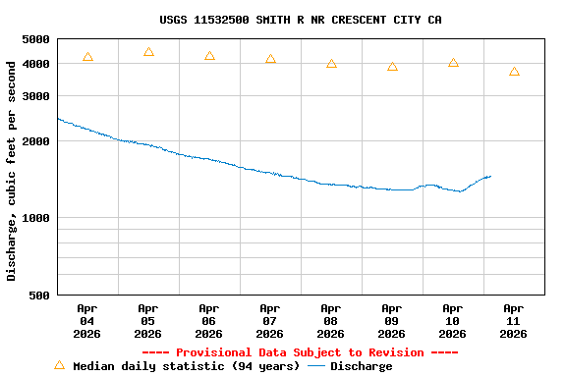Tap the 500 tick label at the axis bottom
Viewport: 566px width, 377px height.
click(38, 295)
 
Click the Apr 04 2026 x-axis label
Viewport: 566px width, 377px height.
click(87, 321)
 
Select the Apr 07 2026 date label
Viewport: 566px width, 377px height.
click(270, 321)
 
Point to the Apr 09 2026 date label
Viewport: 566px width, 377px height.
click(392, 321)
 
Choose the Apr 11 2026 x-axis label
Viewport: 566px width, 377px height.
click(514, 321)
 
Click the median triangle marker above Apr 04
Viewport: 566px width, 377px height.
click(87, 57)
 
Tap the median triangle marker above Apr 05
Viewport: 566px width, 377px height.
click(148, 52)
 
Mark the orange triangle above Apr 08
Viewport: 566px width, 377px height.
click(331, 64)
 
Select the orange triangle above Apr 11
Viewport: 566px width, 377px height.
click(514, 72)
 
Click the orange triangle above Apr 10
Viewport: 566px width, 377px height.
click(453, 63)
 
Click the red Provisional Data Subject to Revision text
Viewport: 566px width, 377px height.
click(301, 352)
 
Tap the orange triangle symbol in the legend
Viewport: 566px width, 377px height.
click(59, 365)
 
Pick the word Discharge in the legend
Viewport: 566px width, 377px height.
click(361, 366)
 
